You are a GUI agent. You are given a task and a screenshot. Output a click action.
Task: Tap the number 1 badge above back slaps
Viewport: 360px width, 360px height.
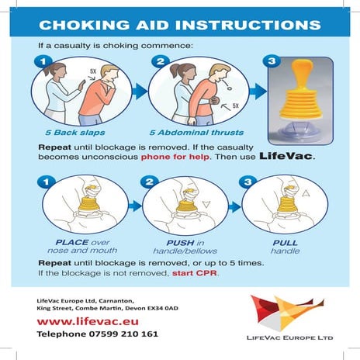point(44,61)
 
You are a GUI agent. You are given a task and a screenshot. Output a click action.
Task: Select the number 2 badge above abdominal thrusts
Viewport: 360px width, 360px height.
point(161,61)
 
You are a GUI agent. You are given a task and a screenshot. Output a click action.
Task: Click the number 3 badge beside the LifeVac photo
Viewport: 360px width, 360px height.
point(271,61)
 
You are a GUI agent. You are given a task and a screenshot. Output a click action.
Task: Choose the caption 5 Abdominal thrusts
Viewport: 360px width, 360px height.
point(191,130)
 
